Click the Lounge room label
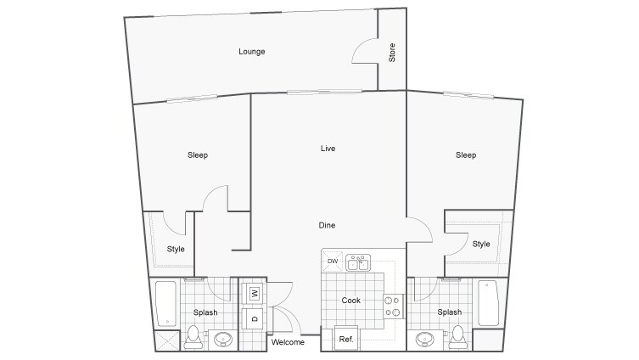[x=251, y=52]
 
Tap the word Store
[x=392, y=52]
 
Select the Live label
[x=328, y=149]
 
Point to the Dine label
[x=327, y=225]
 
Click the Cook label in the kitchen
[x=351, y=301]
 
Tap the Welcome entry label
[x=288, y=342]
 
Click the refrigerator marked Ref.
[x=346, y=339]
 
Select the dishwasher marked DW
[x=332, y=261]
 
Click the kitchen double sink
[x=357, y=261]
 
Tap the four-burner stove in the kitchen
[x=395, y=306]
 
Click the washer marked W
[x=254, y=294]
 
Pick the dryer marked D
[x=254, y=318]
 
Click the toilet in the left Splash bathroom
[x=193, y=335]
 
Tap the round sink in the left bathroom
[x=223, y=340]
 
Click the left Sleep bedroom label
[x=198, y=155]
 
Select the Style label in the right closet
[x=481, y=245]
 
